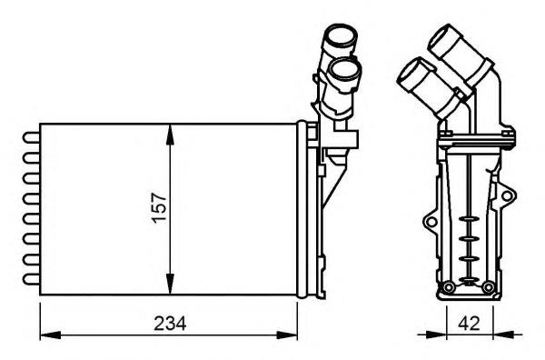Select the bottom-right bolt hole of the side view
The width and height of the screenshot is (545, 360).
point(488,289)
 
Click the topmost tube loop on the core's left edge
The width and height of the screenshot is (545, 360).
point(30,137)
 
